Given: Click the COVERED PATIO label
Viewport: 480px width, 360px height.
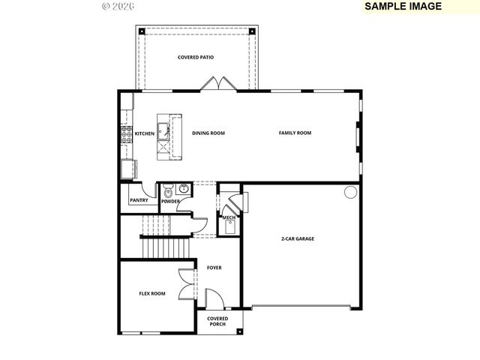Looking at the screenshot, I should coord(196,58).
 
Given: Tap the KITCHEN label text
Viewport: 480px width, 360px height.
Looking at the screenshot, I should coord(144,133).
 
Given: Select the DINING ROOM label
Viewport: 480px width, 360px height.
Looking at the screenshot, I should coord(208,133).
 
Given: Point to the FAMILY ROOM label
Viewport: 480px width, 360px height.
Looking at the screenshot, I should coord(295,133).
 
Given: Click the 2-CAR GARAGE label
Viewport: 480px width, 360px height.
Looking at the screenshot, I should coord(298,238).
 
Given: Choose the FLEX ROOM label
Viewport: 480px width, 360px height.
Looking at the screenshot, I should coord(152,293).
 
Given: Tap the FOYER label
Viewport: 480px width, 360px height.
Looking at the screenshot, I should coord(214,268).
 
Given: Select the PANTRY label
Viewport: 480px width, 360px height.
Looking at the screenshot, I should coord(139,200).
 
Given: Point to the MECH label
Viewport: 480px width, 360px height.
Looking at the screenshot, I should coord(229,218).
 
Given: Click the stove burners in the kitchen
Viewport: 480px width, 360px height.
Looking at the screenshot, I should coord(125,134).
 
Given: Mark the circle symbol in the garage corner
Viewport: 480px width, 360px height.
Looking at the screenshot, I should coord(350,193).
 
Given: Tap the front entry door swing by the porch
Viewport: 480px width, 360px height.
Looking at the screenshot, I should coord(213,300).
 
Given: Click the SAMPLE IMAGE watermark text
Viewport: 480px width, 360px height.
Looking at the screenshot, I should coord(403,6).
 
